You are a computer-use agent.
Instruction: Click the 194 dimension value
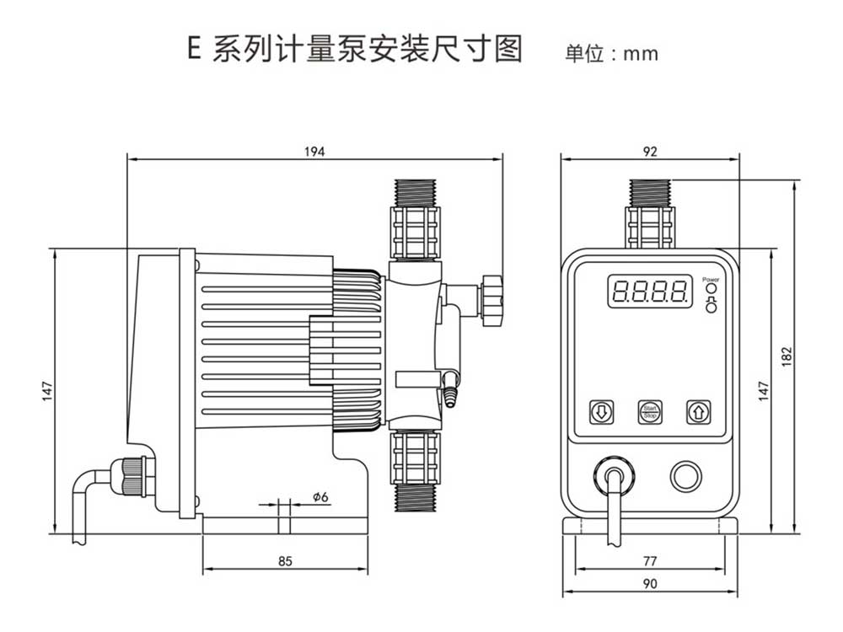point(314,152)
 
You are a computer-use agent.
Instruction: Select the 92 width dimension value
point(649,152)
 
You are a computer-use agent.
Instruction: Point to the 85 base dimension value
point(285,561)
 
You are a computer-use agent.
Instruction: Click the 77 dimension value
point(649,560)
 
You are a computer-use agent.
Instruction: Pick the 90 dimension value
point(649,583)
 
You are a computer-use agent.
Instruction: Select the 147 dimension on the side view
point(47,391)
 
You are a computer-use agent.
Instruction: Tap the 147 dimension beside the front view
point(764,389)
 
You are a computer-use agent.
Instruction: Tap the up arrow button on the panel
point(697,412)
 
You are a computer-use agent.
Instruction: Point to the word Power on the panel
point(711,278)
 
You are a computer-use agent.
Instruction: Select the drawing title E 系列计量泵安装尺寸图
point(355,50)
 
